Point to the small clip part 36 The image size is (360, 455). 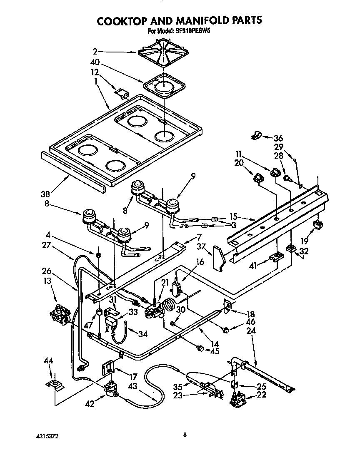[x=256, y=135]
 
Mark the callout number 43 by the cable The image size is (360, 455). [x=132, y=386]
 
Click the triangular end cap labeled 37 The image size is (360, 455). [x=219, y=258]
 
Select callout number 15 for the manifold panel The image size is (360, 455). [x=234, y=217]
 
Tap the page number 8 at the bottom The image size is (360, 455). [x=185, y=435]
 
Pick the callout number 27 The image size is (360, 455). [x=47, y=245]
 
